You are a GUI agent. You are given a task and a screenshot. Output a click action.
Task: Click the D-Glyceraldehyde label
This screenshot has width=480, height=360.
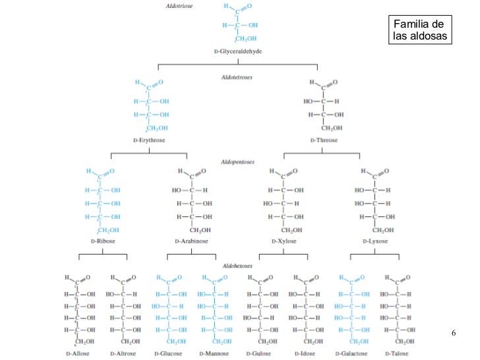click(237, 51)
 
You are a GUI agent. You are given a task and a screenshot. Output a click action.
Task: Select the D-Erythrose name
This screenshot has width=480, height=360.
click(149, 140)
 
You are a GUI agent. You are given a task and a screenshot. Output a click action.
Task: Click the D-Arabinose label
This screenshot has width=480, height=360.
click(191, 241)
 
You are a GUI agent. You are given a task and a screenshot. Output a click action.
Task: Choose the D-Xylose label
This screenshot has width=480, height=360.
click(284, 241)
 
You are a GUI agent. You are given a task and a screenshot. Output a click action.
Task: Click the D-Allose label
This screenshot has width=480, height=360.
click(78, 353)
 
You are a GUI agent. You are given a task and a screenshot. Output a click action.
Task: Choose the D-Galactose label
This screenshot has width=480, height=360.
click(350, 353)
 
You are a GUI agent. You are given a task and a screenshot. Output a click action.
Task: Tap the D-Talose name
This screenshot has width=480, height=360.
click(396, 353)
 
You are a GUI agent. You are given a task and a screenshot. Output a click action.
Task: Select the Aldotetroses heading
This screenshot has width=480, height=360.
click(237, 77)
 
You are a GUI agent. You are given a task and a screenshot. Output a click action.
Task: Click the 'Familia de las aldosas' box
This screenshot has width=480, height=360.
click(419, 30)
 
